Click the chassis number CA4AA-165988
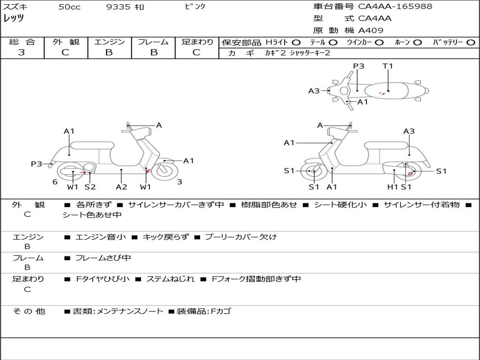395,6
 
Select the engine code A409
371,30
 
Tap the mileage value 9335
118,7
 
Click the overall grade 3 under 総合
22,52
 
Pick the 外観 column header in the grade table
66,42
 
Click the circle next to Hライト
296,43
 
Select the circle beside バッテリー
471,43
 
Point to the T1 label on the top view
388,66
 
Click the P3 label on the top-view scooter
359,66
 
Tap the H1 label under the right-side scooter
393,187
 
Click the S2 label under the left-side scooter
90,187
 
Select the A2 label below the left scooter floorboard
121,187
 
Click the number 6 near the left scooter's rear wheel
55,182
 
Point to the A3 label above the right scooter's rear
409,131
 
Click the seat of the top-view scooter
386,91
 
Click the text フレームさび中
103,258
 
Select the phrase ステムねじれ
170,279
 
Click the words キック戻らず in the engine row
165,237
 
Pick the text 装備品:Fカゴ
203,311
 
